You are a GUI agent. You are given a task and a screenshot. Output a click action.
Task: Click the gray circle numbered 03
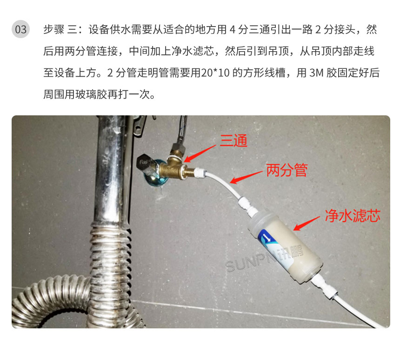[21, 29]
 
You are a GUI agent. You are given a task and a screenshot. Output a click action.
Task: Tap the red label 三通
[233, 140]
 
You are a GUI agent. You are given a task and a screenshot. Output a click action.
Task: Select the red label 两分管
[287, 171]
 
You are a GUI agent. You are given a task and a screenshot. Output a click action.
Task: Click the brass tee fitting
[177, 163]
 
